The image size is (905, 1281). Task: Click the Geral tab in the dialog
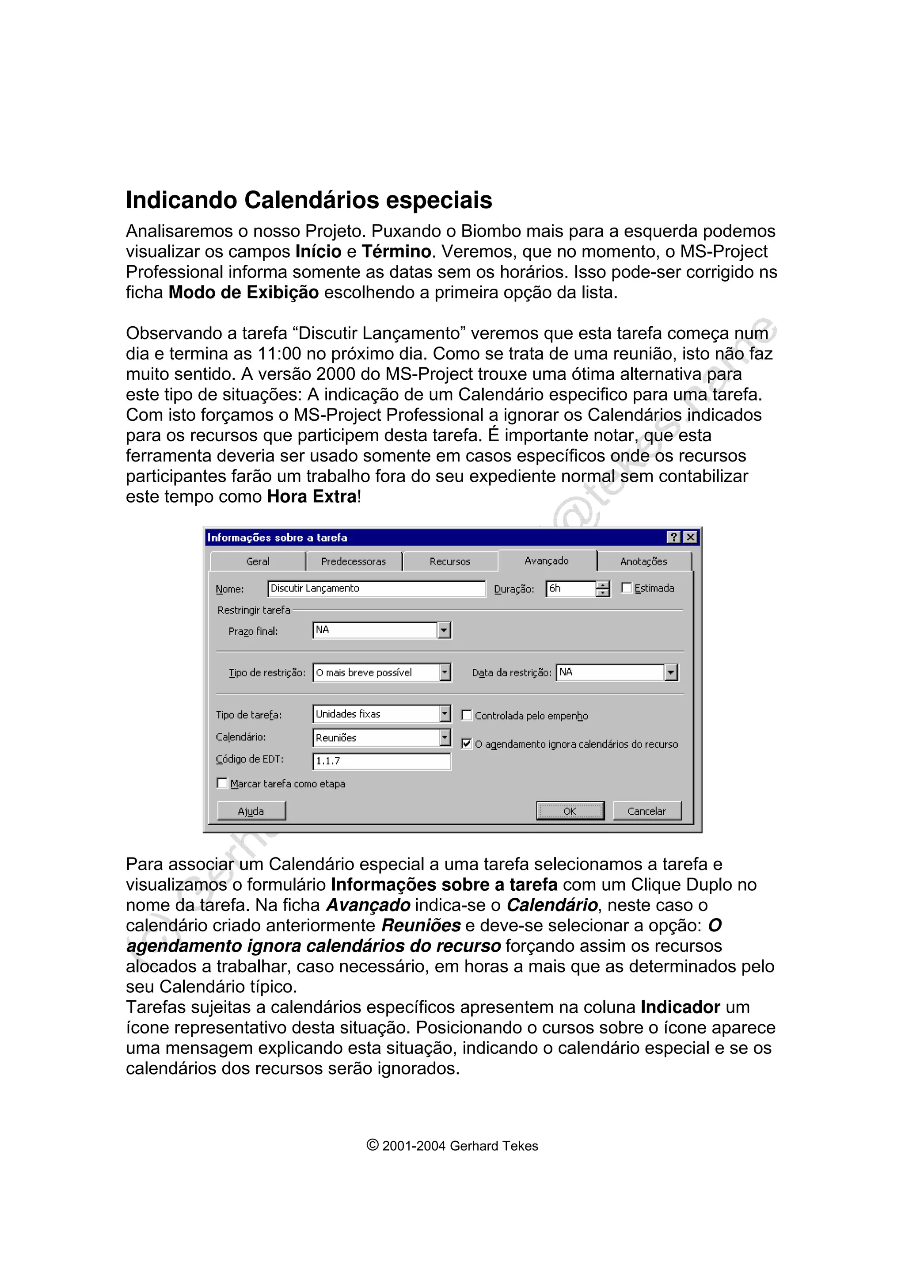point(258,561)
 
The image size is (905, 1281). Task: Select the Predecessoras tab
point(354,561)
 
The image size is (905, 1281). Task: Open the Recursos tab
point(449,561)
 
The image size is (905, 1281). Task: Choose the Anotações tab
point(643,561)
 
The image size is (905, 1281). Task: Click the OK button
point(570,811)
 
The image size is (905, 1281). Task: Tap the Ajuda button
point(251,811)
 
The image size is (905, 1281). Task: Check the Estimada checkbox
point(627,587)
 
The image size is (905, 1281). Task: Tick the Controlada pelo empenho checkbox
point(467,715)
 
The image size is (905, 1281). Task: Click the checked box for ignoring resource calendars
point(467,744)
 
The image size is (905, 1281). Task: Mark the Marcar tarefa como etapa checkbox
point(222,783)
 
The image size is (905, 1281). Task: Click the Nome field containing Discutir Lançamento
point(376,589)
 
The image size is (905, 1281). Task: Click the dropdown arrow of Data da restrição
point(671,672)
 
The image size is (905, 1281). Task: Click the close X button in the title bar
point(690,537)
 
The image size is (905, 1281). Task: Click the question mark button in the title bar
point(673,537)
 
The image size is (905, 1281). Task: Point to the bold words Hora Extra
point(312,496)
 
